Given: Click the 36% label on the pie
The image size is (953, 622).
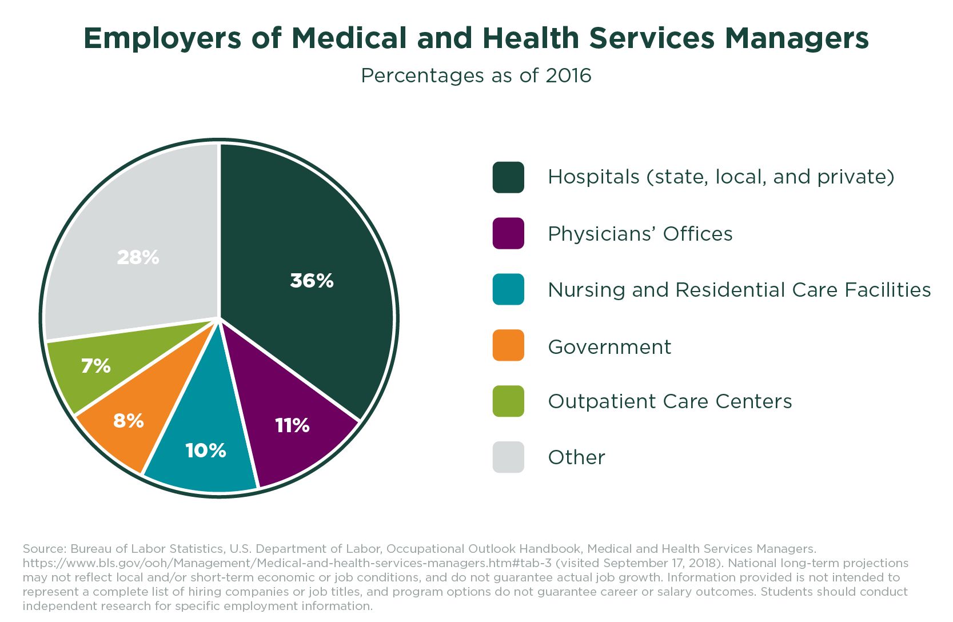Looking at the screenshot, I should (312, 280).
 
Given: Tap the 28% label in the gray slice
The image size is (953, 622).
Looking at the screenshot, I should (138, 257).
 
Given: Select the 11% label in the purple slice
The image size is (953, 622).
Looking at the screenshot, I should (292, 425).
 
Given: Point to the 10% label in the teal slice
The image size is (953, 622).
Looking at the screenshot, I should (206, 450).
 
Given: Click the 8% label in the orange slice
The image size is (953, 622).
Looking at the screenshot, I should (129, 421).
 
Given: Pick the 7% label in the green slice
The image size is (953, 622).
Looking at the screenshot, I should (96, 366).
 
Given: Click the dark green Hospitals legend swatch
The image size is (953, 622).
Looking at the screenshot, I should (508, 177).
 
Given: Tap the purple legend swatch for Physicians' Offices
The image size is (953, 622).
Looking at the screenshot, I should (508, 233).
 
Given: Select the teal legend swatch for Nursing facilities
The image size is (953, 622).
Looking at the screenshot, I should (508, 289).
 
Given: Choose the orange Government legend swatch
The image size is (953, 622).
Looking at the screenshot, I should (508, 345).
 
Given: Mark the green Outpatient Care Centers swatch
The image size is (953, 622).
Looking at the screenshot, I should (508, 401).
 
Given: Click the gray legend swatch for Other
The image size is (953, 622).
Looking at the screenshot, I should (508, 457).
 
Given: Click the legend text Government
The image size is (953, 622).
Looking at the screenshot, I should (609, 347).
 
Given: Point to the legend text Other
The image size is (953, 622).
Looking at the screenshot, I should (576, 457).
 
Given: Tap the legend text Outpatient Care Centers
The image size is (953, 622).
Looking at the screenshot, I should (670, 401).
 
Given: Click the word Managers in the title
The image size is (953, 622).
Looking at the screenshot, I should (797, 38).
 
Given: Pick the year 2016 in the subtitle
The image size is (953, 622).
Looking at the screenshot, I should (568, 75).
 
